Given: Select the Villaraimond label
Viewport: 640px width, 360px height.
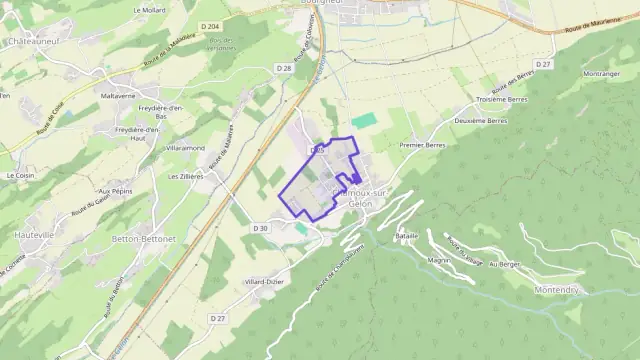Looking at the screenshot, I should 186,147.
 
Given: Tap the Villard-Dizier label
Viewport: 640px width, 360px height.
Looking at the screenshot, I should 265,282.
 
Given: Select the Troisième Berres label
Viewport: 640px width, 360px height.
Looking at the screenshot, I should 504,100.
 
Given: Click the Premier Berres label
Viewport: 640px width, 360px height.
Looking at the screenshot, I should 422,145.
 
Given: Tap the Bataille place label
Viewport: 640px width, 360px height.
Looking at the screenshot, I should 406,235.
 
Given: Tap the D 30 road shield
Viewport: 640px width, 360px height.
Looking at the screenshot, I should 260,229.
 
